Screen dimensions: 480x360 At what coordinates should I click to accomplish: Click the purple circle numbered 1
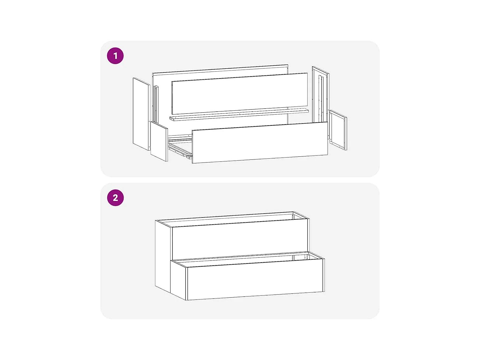[115, 56]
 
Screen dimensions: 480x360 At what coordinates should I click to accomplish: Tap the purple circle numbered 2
[115, 198]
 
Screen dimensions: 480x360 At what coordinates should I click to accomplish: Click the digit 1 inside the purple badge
[116, 56]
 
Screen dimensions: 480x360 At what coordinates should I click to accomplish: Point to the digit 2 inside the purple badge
[115, 198]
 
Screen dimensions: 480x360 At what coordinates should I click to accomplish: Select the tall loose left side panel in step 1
[141, 114]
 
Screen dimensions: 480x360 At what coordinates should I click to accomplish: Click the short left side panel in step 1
[159, 142]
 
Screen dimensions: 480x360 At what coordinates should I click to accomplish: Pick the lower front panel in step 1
[260, 143]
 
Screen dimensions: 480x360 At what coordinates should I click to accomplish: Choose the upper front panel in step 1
[240, 94]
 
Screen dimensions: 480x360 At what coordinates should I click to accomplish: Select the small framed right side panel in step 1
[338, 130]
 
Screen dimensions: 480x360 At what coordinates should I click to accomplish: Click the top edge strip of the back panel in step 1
[220, 70]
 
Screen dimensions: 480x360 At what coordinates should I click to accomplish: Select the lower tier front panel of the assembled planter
[255, 281]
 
